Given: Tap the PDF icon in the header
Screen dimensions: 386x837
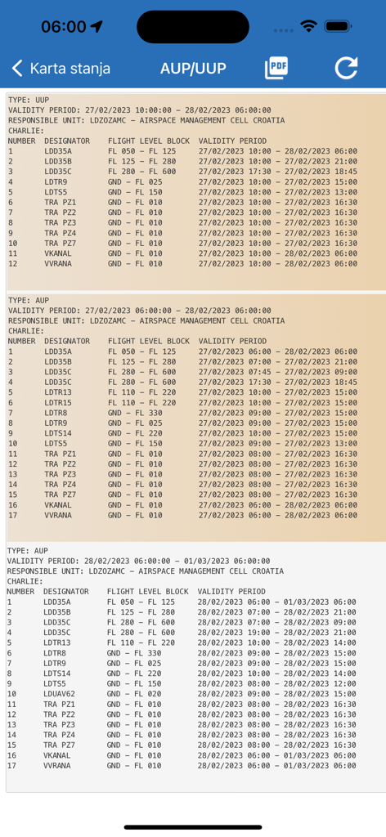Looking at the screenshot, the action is [276, 69].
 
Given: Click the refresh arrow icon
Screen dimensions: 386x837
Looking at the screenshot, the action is [346, 69].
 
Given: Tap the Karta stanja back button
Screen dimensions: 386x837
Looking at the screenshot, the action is [61, 69].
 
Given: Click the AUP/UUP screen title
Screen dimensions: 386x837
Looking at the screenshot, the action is [193, 69].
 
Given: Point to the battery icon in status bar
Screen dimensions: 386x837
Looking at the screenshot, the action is [338, 27].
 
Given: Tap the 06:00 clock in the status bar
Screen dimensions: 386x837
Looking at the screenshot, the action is [64, 27].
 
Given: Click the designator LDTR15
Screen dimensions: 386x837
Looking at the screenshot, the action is [58, 402].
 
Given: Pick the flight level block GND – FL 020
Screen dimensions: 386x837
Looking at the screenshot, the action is [134, 693].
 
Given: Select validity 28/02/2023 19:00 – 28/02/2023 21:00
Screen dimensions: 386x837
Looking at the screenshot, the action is [276, 632].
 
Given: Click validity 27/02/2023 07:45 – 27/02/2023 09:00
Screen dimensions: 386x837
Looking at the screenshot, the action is [277, 371].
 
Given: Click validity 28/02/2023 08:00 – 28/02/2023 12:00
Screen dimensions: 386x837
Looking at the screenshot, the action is [276, 683].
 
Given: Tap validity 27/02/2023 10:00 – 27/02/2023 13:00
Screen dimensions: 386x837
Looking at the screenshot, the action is [277, 192].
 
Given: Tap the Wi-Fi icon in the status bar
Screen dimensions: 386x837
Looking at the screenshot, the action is [308, 27].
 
